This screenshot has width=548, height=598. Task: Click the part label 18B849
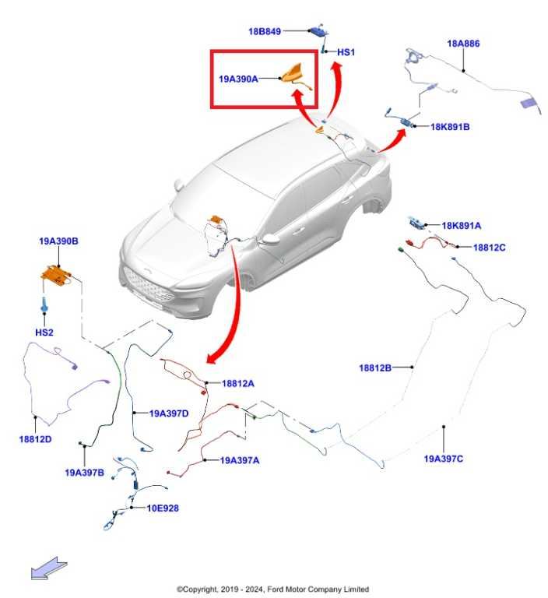[265, 31]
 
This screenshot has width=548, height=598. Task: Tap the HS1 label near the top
[346, 52]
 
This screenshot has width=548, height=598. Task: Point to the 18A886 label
[463, 44]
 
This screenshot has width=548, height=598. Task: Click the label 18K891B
[450, 125]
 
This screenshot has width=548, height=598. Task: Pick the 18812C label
[489, 248]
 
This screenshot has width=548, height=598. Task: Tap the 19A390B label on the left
[59, 242]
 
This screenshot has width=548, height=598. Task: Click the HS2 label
[44, 332]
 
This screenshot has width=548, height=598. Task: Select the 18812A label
[238, 383]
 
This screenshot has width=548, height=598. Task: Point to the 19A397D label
[169, 413]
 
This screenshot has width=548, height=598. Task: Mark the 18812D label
[35, 439]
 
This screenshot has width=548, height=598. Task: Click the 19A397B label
[84, 472]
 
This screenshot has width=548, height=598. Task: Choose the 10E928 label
[163, 508]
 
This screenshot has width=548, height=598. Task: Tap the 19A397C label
[444, 459]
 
